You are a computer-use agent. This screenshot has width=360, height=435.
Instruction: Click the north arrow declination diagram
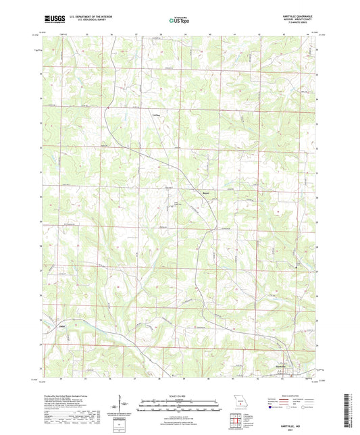coord(122,405)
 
